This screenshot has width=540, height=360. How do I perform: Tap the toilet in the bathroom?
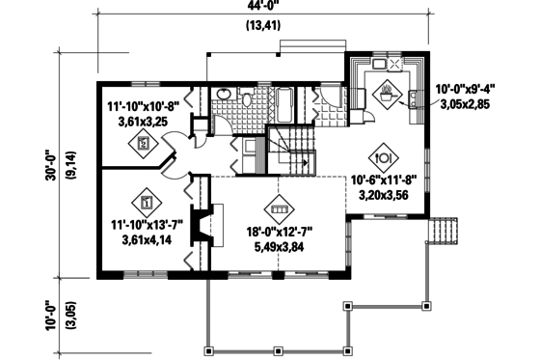click(248, 99)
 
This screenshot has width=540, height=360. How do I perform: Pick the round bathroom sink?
click(222, 95)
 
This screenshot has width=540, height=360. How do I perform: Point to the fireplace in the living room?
click(199, 228)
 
